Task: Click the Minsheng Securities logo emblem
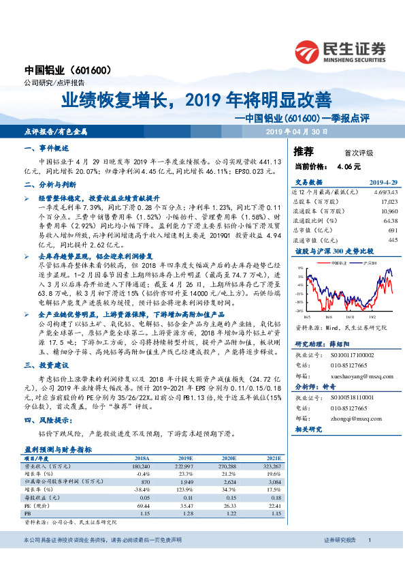tap(308, 51)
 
